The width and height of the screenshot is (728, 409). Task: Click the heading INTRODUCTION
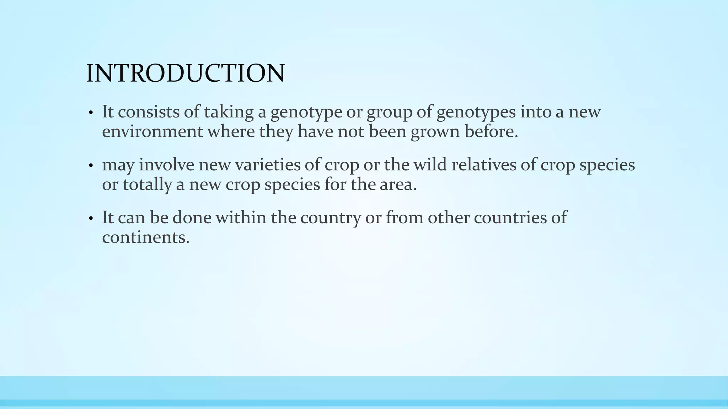click(x=185, y=73)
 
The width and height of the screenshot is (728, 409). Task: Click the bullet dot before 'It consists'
click(x=91, y=113)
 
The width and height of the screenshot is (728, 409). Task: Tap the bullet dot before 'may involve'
click(x=91, y=166)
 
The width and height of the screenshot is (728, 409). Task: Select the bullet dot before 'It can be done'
click(x=91, y=218)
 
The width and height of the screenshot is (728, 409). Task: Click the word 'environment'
click(x=152, y=132)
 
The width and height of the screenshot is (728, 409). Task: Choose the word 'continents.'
click(x=146, y=237)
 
